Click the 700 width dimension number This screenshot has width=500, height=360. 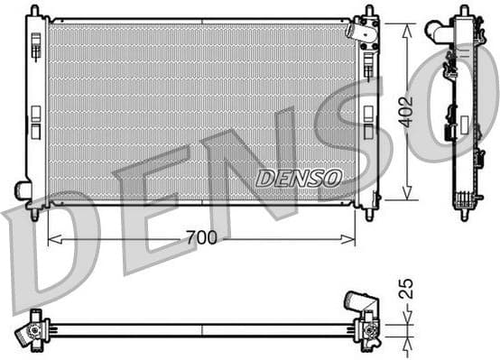tap(202, 238)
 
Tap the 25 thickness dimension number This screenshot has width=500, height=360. tap(406, 290)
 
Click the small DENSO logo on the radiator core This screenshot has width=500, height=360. tap(299, 178)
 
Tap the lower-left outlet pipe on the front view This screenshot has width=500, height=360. tap(23, 191)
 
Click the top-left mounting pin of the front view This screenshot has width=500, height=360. tap(34, 10)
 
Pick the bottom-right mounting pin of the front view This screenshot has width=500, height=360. tap(368, 215)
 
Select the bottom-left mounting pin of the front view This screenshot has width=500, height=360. tap(34, 215)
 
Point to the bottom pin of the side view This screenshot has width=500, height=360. tap(464, 215)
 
